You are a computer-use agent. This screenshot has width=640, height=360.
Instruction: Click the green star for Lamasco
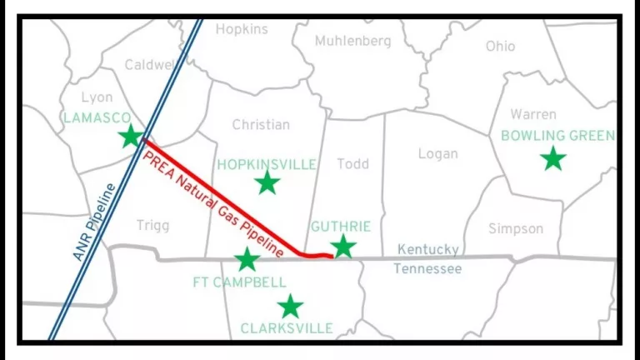point(130,136)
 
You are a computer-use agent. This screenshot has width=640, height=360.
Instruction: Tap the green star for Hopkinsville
point(267,182)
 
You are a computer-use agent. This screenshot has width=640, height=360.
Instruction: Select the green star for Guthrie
point(342,246)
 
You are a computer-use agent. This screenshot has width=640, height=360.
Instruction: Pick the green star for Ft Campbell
point(247,259)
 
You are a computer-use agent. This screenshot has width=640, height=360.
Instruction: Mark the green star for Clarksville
point(289,306)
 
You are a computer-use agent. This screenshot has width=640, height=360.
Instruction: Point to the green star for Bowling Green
point(552,157)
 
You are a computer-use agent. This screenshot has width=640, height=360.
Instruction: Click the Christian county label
point(261,124)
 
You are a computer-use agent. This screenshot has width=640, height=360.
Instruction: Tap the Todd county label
point(352,163)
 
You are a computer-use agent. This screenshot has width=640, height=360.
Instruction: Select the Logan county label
point(437,153)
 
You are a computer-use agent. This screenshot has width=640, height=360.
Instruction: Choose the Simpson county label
point(515,228)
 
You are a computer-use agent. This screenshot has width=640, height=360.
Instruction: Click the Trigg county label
point(152,225)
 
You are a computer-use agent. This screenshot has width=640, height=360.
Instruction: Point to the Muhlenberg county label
point(352,40)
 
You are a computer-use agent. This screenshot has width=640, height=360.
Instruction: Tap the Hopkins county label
point(242,29)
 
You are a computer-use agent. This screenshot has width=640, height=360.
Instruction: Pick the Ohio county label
point(500,46)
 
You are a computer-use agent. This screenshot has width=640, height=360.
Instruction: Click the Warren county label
point(533,114)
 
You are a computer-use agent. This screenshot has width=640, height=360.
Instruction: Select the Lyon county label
point(97,97)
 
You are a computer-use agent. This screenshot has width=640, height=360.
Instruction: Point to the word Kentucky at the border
point(427,249)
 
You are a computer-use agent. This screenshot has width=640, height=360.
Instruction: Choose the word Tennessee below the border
point(427,268)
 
